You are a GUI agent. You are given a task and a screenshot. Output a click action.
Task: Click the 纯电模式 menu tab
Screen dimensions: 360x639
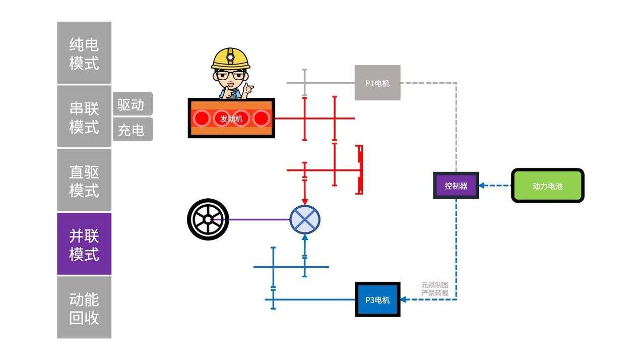[84, 53]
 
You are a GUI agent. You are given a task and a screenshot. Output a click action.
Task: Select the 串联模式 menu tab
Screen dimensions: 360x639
[84, 116]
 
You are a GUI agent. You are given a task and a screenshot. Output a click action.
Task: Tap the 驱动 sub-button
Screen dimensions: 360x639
[132, 104]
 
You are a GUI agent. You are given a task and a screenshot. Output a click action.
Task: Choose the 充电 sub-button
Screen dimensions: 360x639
[132, 130]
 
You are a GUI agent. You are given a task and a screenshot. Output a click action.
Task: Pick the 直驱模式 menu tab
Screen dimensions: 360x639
[84, 180]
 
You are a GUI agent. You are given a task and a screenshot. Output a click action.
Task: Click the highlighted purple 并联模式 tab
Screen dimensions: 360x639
[84, 244]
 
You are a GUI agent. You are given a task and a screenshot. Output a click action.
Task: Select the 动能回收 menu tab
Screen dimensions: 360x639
[84, 308]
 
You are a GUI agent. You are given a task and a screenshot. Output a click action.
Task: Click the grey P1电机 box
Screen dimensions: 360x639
[377, 83]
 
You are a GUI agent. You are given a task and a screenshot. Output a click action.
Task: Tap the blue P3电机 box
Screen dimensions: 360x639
[377, 299]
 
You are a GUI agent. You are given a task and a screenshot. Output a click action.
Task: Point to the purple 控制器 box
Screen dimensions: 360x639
[456, 186]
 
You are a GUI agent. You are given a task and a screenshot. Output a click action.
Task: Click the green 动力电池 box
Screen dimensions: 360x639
[547, 186]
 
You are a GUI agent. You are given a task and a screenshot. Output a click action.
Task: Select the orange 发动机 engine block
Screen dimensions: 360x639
[231, 118]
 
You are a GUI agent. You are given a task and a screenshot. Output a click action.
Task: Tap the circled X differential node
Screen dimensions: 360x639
[304, 220]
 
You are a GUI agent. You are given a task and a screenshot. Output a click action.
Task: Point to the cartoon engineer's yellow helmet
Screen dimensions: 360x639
[230, 58]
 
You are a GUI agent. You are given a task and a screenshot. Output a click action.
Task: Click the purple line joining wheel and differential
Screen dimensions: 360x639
[257, 220]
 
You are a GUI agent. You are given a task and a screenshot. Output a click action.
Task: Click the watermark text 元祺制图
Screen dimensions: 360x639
[434, 285]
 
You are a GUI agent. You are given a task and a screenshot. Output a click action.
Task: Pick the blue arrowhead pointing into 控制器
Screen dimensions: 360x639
[482, 186]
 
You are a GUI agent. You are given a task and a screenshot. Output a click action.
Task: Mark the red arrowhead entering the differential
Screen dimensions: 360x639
[304, 201]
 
